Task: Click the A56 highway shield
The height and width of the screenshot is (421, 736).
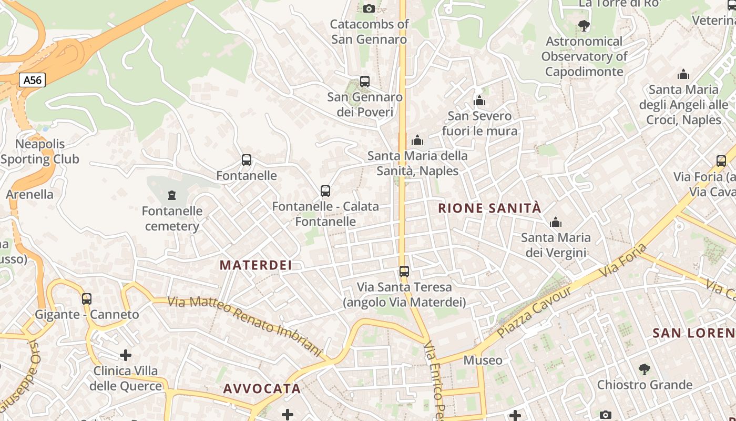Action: tap(32, 80)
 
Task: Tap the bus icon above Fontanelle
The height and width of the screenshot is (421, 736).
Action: tap(246, 160)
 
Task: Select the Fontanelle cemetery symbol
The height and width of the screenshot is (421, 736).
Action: tap(171, 196)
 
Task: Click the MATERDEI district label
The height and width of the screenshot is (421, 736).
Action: tap(255, 265)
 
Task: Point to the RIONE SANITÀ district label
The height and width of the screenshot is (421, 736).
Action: tap(489, 208)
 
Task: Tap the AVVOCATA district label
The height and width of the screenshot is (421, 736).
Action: tap(262, 389)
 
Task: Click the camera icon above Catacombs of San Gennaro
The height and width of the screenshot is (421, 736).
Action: tap(369, 8)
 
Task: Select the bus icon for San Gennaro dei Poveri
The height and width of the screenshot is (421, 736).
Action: tap(364, 82)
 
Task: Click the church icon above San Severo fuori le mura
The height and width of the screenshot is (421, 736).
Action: tap(479, 101)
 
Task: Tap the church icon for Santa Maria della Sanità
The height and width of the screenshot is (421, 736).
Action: tap(417, 140)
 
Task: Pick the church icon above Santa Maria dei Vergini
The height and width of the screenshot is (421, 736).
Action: tap(555, 223)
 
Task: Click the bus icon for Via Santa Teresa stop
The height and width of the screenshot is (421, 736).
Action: tap(404, 272)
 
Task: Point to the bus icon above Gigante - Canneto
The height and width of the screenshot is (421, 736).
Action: tap(87, 299)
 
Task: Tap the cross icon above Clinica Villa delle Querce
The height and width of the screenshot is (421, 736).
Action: tap(125, 355)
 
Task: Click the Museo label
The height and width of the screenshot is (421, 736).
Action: tap(483, 360)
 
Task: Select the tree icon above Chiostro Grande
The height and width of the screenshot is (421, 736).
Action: tap(644, 369)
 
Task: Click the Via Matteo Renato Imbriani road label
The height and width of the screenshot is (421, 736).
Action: tap(244, 326)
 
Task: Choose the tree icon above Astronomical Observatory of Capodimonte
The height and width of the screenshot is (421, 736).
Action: tap(584, 26)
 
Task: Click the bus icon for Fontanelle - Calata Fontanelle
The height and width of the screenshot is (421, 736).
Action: tap(325, 191)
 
